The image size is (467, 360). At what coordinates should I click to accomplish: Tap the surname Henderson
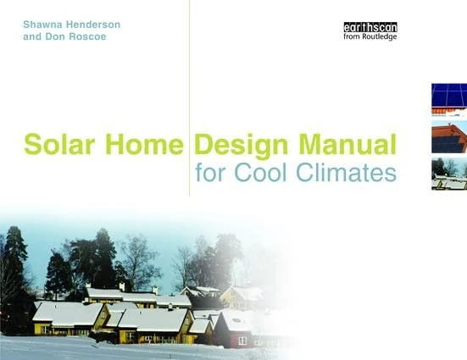click(x=95, y=24)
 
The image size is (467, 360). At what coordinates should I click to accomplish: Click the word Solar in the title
click(x=56, y=144)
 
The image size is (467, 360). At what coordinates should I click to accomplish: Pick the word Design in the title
click(x=238, y=144)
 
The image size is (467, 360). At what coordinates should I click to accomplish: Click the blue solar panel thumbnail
click(x=448, y=98)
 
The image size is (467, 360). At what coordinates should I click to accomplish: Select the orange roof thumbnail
click(x=448, y=136)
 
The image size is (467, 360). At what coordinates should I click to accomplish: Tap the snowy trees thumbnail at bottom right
click(x=448, y=173)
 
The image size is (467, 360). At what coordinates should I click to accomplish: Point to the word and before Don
click(x=35, y=38)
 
